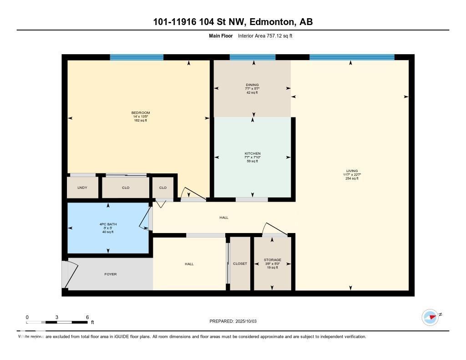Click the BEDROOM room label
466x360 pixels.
point(140,113)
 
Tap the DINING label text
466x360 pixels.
point(252,85)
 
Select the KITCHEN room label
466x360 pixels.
point(252,153)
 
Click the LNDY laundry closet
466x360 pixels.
point(82,188)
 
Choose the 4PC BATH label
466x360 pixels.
point(108,224)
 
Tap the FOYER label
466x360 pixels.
point(110,274)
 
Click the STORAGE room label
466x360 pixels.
point(272,260)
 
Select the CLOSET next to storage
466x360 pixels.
point(240,264)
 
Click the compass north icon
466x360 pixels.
point(430,317)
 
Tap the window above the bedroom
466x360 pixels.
point(137,57)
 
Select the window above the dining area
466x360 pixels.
point(253,57)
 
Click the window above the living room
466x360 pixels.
point(351,57)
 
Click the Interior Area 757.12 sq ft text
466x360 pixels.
point(265,35)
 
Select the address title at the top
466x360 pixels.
point(233,22)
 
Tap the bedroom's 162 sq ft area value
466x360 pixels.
point(140,120)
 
